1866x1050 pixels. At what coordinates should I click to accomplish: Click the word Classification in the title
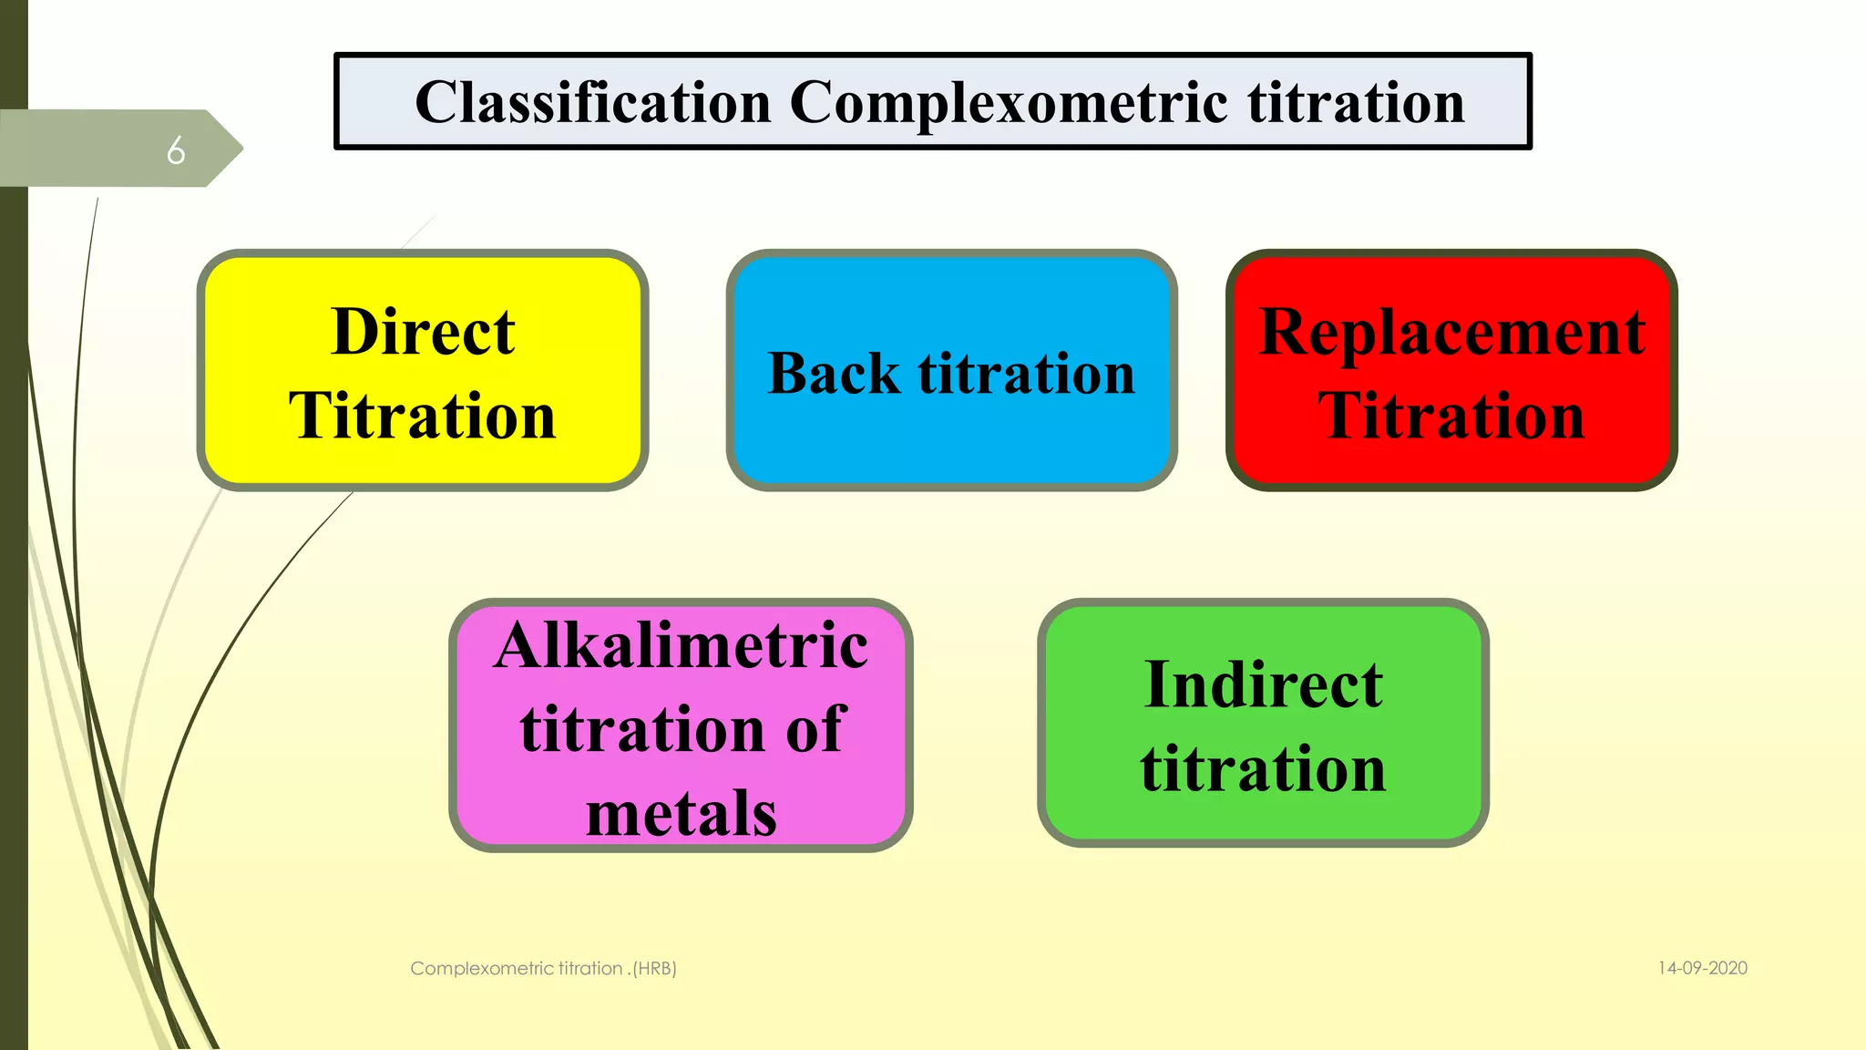[x=592, y=102]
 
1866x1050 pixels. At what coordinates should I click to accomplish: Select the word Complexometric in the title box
[x=1008, y=102]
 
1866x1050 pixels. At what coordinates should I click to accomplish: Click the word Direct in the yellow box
[x=423, y=332]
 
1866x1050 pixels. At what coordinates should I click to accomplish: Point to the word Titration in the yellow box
[x=423, y=416]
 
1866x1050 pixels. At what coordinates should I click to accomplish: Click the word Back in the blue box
[x=834, y=374]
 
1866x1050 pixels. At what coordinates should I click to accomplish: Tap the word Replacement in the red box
[x=1451, y=332]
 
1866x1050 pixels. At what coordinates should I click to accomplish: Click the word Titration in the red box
[x=1451, y=416]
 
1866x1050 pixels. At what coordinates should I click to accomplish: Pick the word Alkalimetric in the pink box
[x=681, y=645]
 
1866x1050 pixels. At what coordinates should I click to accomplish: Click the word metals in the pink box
[x=681, y=813]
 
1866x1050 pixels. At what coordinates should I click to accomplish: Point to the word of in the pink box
[x=815, y=729]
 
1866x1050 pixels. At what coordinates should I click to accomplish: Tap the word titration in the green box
[x=1263, y=768]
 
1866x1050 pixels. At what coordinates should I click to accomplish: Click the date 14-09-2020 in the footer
[x=1702, y=968]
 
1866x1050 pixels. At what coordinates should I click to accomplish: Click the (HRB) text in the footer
[x=654, y=968]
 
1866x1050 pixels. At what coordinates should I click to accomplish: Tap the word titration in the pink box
[x=641, y=729]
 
